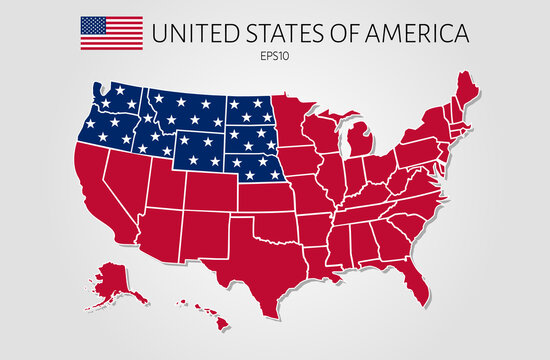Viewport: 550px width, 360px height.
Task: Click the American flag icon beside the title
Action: click(110, 34)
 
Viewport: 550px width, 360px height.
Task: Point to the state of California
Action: click(100, 195)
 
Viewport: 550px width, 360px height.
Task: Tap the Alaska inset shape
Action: click(118, 279)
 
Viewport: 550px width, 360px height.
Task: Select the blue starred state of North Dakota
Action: click(248, 109)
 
